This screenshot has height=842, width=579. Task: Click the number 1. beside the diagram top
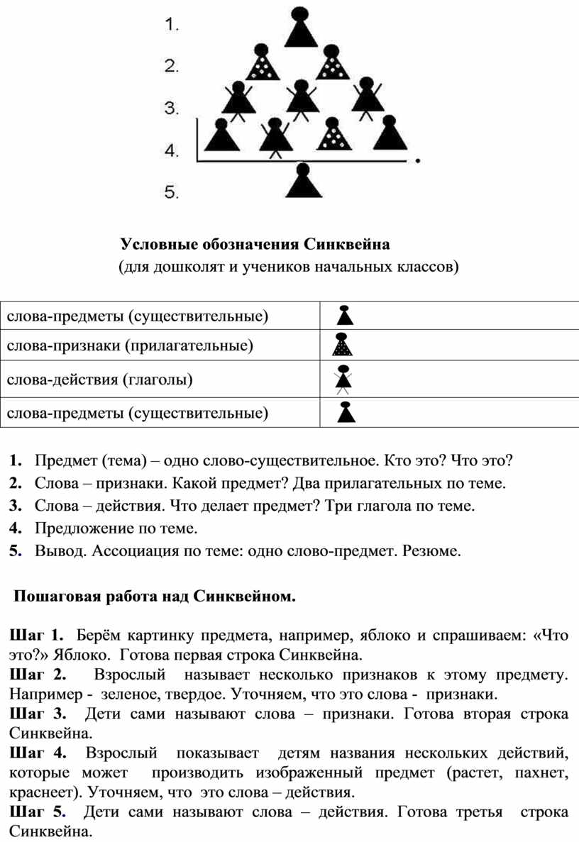click(172, 26)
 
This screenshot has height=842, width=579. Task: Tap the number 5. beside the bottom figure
click(172, 192)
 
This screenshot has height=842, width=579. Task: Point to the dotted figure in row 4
click(332, 135)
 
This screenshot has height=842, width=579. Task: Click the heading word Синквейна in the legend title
click(348, 245)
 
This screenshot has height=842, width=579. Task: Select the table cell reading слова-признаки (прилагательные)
click(131, 347)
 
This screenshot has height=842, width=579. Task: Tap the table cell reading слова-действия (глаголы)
click(99, 380)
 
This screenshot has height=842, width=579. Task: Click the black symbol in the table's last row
click(346, 412)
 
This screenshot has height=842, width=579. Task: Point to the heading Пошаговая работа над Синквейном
click(153, 597)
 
